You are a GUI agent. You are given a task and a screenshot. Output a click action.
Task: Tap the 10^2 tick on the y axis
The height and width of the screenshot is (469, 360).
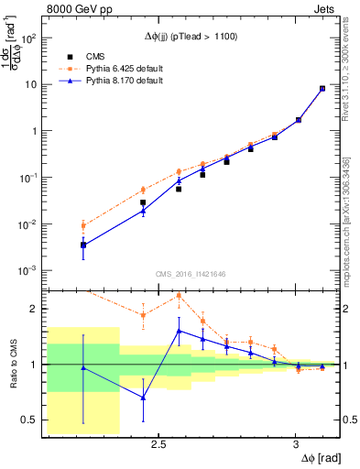29,38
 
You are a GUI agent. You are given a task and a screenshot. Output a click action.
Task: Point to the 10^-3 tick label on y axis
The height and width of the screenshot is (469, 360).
29,271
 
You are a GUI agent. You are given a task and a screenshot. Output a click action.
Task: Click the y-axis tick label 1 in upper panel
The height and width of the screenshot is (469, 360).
35,131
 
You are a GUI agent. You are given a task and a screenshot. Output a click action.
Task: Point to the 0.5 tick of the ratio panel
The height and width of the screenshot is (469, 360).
31,420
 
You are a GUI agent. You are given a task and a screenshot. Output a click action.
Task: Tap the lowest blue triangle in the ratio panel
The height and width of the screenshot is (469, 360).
143,398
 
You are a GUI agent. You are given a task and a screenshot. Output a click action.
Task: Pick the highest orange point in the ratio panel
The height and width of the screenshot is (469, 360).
178,295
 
